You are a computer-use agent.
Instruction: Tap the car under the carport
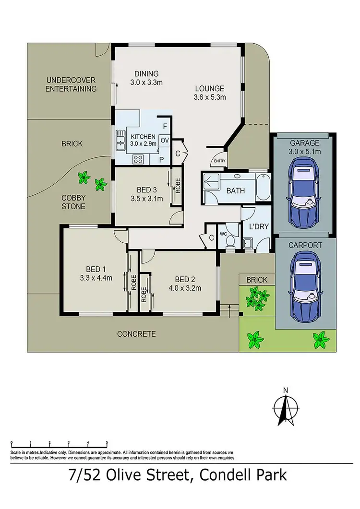click(303, 285)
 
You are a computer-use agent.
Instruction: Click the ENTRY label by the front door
click(219, 161)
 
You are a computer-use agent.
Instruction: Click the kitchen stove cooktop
click(138, 159)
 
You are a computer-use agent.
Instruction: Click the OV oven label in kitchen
click(165, 140)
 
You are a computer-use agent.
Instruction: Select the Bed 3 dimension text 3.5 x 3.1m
click(147, 199)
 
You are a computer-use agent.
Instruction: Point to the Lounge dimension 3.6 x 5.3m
click(209, 97)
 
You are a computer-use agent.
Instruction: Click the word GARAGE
click(303, 143)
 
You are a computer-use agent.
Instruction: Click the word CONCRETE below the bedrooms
click(136, 334)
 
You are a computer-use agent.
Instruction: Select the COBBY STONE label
click(73, 202)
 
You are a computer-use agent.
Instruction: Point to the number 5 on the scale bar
click(107, 443)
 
